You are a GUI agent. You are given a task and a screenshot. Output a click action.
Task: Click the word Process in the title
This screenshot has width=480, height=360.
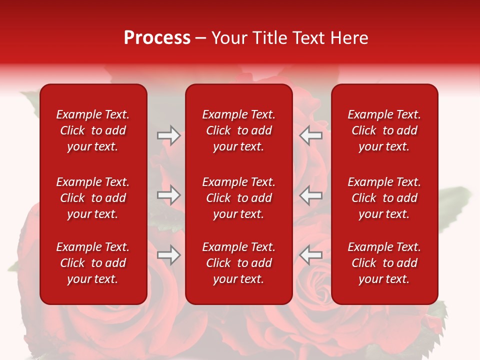pyautogui.click(x=157, y=38)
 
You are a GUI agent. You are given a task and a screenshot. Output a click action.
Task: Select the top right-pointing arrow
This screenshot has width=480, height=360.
pyautogui.click(x=168, y=135)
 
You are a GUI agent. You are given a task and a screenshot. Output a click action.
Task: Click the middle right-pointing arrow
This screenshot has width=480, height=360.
pyautogui.click(x=168, y=195)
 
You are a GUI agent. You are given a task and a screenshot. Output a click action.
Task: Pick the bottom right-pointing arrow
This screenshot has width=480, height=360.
pyautogui.click(x=168, y=255)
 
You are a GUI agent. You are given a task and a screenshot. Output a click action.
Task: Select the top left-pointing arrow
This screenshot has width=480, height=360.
pyautogui.click(x=310, y=135)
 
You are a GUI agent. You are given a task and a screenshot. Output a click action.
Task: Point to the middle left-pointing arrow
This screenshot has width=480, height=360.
pyautogui.click(x=310, y=195)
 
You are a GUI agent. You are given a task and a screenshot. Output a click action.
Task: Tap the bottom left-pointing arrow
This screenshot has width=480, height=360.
pyautogui.click(x=310, y=255)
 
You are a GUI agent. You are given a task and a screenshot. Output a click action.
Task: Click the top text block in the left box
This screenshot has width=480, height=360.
pyautogui.click(x=93, y=130)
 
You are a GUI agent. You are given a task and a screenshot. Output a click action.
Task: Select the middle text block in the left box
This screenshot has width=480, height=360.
pyautogui.click(x=93, y=198)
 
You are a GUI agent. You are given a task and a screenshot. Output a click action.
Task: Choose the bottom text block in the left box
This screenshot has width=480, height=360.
pyautogui.click(x=93, y=263)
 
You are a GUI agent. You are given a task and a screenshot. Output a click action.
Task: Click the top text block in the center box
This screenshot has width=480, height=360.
pyautogui.click(x=238, y=130)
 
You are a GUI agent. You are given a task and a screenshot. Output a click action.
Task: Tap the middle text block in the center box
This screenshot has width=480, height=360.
pyautogui.click(x=238, y=198)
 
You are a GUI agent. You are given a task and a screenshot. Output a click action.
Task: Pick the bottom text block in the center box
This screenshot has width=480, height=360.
pyautogui.click(x=238, y=263)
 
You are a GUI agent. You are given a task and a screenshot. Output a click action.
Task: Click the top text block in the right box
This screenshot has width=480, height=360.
pyautogui.click(x=384, y=130)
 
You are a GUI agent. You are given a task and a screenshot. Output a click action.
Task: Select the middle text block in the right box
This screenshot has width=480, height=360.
pyautogui.click(x=384, y=198)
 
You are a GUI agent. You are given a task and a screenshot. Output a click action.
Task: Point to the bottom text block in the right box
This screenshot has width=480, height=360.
pyautogui.click(x=384, y=263)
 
